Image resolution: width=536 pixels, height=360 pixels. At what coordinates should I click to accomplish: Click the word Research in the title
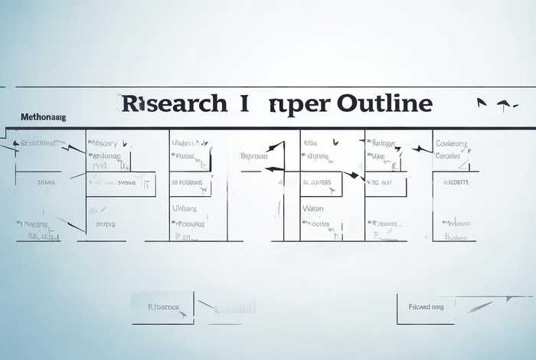coord(174,103)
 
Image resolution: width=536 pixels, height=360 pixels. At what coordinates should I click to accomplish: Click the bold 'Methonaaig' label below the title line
coord(43,117)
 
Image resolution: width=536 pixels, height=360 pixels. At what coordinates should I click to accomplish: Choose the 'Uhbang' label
coord(185,208)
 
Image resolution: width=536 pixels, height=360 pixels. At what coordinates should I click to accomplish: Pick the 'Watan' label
coord(313,208)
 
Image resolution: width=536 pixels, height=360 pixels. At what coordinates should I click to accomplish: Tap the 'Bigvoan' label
coord(253,155)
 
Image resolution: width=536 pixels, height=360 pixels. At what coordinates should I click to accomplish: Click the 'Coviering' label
coord(453,143)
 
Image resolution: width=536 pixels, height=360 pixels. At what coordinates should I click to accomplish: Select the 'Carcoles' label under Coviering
coord(450,155)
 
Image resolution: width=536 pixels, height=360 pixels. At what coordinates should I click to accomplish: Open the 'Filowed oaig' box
coord(426,307)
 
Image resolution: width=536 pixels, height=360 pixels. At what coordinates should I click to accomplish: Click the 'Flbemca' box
coord(162,307)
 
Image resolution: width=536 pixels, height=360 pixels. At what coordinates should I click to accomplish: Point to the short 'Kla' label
coord(310,143)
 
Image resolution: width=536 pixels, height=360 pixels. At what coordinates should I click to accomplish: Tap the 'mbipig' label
coord(105,224)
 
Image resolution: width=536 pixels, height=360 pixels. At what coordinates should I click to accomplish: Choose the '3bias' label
coord(45,183)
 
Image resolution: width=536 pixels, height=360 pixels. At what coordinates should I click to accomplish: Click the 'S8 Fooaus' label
coord(187,183)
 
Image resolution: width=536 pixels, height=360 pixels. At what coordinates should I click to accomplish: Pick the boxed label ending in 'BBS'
coord(318,183)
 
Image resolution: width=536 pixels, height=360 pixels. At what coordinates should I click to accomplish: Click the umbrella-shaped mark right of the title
coord(504,104)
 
